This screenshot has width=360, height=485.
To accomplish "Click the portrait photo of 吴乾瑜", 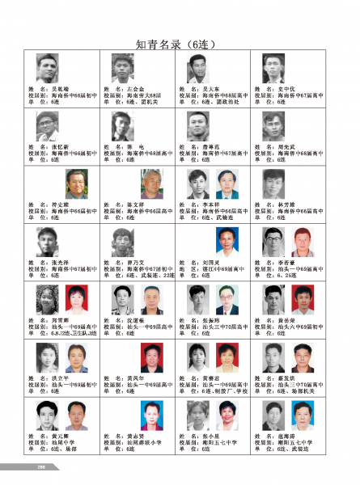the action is pos(48,68).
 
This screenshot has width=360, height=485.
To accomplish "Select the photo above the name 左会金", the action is pos(123,68).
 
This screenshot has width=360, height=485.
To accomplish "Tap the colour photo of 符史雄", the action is pos(77,184).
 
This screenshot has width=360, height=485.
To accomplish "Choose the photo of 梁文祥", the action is pos(151,184).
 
